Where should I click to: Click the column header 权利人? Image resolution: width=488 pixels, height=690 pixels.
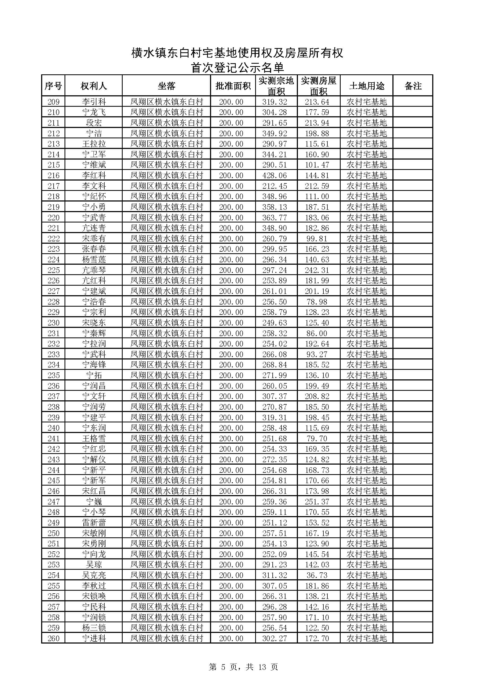93,86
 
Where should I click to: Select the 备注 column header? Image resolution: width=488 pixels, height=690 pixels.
413,86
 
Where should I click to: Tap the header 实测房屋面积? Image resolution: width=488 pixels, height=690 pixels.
319,86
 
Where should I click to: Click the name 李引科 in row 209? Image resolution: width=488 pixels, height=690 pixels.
94,102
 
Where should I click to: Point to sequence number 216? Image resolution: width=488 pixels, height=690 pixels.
53,175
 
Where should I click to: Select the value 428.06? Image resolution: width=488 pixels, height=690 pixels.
275,175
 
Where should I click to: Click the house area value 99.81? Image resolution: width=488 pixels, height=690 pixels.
317,239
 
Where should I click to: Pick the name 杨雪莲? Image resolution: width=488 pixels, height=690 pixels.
94,260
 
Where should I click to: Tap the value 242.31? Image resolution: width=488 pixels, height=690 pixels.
317,270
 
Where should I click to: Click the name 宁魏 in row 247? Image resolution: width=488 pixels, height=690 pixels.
94,502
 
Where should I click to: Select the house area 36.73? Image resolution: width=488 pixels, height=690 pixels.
317,575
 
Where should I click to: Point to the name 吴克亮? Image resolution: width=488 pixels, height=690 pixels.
94,575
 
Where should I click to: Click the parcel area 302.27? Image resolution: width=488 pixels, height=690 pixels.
275,638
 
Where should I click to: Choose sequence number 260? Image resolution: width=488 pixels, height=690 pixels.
53,638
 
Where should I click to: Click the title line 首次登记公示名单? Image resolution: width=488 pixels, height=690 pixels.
237,68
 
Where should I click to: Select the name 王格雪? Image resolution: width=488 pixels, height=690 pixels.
94,439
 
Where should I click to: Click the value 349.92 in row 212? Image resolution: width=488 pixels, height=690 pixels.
275,134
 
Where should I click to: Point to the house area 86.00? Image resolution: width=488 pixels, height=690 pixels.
317,333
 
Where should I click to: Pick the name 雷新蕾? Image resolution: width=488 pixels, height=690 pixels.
94,522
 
